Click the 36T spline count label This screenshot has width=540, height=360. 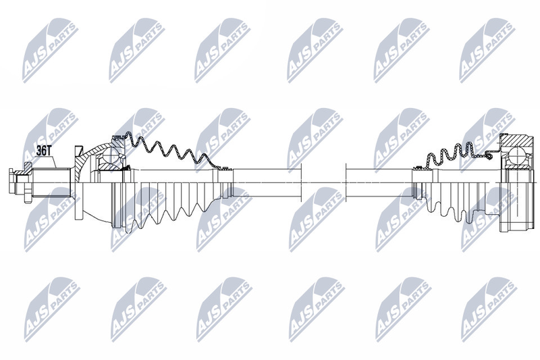[44, 151]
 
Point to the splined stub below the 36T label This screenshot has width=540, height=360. [52, 182]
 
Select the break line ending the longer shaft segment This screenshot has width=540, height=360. [301, 182]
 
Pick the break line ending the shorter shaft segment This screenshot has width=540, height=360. [346, 182]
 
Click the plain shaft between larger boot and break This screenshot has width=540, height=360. [267, 182]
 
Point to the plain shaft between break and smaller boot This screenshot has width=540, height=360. [379, 182]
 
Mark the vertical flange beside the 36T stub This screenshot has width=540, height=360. [78, 182]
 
